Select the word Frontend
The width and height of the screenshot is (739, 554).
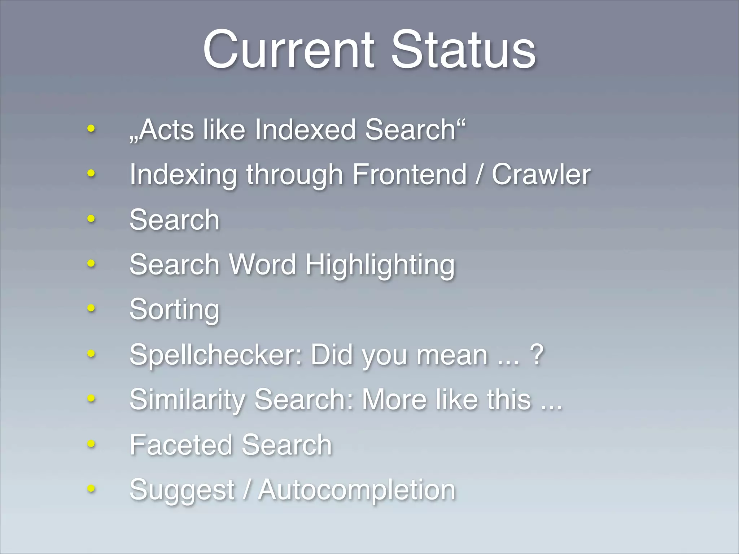(410, 175)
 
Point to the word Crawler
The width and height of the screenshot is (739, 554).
(541, 175)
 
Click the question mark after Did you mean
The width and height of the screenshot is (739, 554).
(537, 355)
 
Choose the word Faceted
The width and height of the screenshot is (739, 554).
(181, 445)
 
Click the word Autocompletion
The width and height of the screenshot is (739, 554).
(357, 490)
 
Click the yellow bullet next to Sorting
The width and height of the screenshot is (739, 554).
(91, 308)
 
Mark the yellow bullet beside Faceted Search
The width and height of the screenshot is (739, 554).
(91, 444)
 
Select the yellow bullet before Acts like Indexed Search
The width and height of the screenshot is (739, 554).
(91, 128)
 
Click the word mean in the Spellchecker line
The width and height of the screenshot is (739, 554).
(452, 355)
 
